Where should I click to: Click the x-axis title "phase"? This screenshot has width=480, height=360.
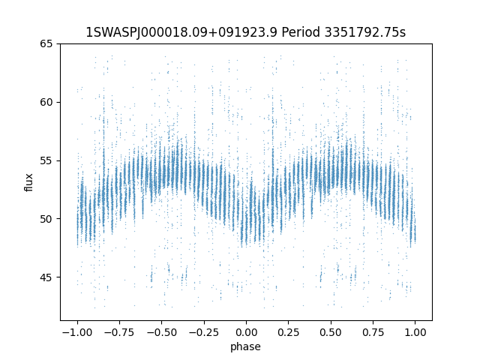coord(246,346)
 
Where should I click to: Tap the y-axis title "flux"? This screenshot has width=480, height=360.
coord(29,182)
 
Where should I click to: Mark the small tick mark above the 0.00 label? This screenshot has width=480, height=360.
coord(246,322)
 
